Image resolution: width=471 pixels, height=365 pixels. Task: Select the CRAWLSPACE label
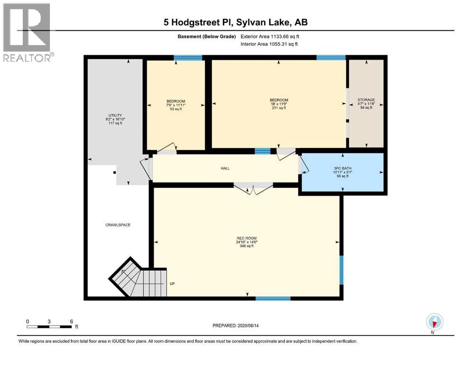(118, 225)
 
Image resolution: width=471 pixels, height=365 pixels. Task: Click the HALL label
(225, 168)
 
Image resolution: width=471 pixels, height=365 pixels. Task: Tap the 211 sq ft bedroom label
(279, 104)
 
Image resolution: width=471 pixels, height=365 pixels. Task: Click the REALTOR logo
(27, 33)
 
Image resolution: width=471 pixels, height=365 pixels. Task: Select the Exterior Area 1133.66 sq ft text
(270, 36)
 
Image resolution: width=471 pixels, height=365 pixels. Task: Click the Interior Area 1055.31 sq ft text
(270, 44)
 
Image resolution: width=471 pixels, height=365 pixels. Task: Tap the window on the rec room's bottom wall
(273, 298)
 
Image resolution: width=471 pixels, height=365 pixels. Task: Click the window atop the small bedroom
(188, 58)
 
